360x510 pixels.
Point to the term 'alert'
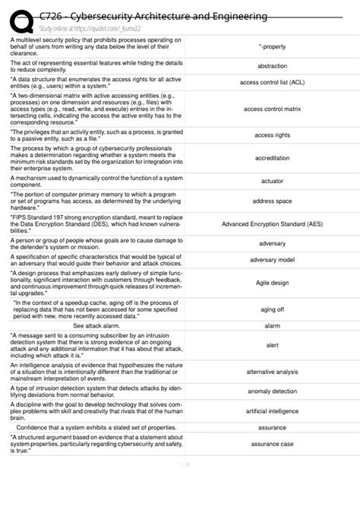pyautogui.click(x=272, y=345)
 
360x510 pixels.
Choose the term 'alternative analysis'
pyautogui.click(x=272, y=372)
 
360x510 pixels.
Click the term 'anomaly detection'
pyautogui.click(x=272, y=391)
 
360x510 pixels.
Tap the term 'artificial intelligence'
pyautogui.click(x=272, y=411)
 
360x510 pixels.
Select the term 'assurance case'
pyautogui.click(x=272, y=443)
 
